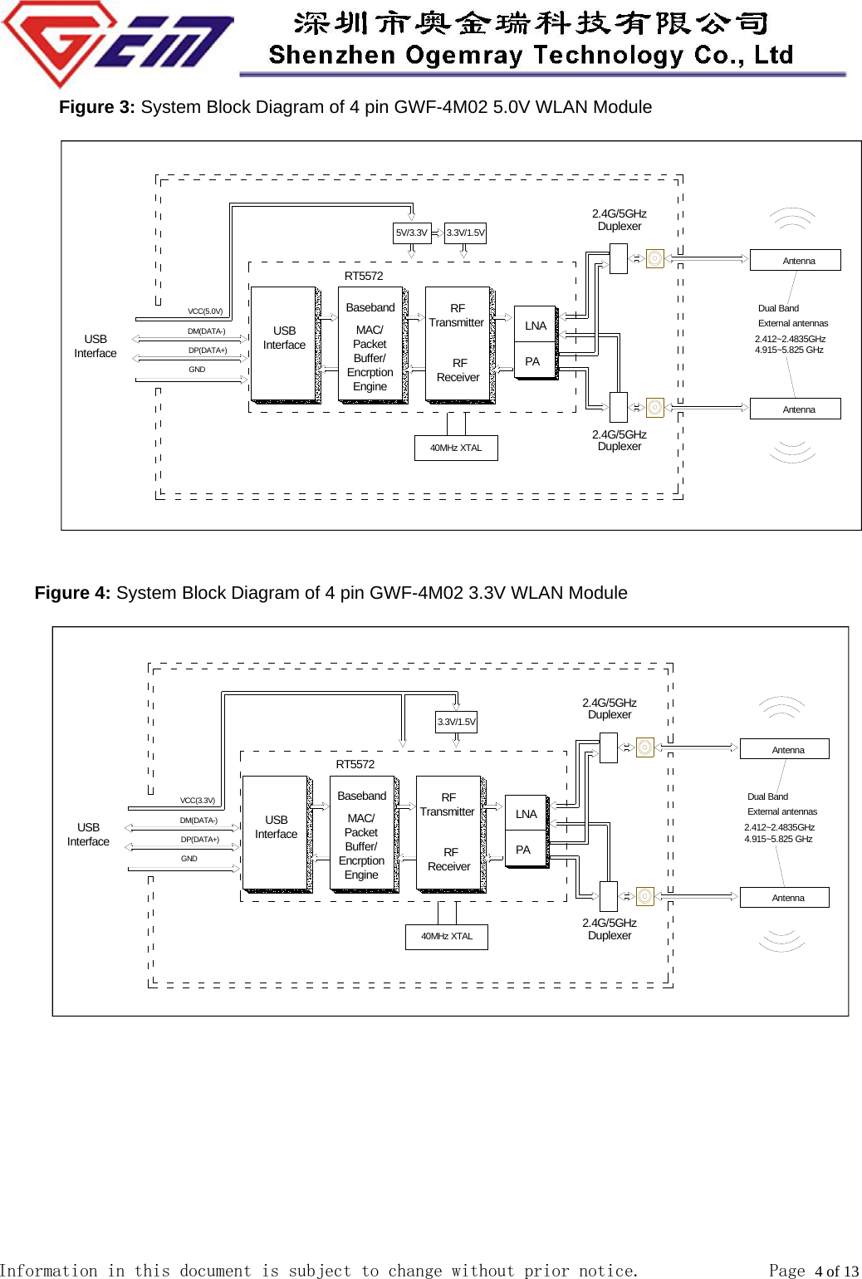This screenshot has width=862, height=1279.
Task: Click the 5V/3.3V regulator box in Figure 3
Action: tap(412, 233)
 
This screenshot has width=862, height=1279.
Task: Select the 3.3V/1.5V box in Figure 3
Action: tap(465, 233)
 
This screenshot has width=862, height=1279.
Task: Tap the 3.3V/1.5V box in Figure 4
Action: tap(457, 723)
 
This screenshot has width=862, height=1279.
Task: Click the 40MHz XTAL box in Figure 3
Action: tap(456, 448)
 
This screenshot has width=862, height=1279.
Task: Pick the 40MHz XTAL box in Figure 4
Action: tap(447, 937)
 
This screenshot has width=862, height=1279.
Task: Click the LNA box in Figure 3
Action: tap(536, 326)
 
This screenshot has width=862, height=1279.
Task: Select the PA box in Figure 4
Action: tap(524, 850)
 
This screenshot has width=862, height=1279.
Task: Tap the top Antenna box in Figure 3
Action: tap(796, 261)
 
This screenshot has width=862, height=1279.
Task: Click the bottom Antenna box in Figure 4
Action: tap(785, 898)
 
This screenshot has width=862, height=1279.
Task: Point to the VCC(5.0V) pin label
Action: tap(205, 311)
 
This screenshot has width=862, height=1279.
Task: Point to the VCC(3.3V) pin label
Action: tap(198, 801)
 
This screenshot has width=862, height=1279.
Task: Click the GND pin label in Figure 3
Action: tap(197, 370)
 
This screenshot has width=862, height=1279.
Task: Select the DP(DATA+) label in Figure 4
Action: tap(200, 840)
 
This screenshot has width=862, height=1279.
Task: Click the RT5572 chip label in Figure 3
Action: tap(364, 276)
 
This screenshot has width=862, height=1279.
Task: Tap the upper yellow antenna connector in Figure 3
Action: tap(655, 259)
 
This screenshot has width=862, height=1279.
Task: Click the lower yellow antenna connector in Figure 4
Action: tap(645, 896)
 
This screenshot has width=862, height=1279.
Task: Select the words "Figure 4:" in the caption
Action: tap(72, 593)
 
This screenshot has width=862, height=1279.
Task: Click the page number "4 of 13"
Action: tap(836, 1271)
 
